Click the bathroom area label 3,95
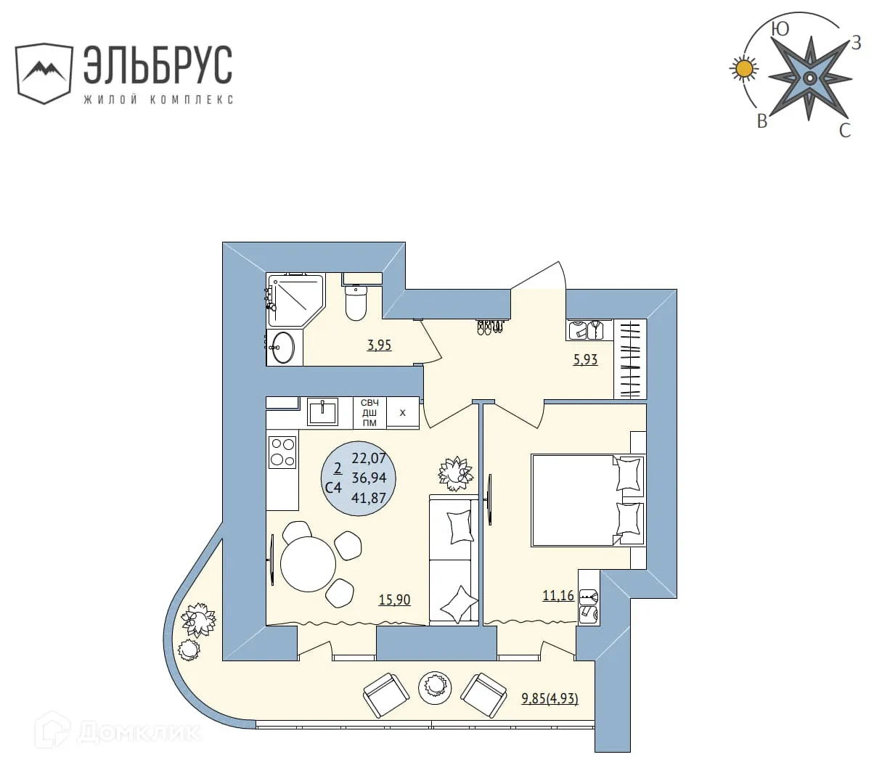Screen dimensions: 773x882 click(x=379, y=345)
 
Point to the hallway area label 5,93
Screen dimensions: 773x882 click(x=585, y=359)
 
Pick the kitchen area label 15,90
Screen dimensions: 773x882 click(x=394, y=600)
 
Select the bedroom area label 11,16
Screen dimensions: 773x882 click(x=558, y=595)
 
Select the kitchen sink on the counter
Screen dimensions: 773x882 click(x=322, y=412)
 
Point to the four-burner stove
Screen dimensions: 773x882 click(x=282, y=451)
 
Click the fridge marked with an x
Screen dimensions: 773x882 click(x=403, y=412)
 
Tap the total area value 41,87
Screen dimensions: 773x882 click(x=369, y=498)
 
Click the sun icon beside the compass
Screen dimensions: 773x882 click(x=743, y=69)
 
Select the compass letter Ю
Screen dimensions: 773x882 click(x=780, y=29)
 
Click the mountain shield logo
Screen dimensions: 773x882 click(x=44, y=73)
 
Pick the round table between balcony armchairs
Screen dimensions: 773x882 click(x=435, y=685)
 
